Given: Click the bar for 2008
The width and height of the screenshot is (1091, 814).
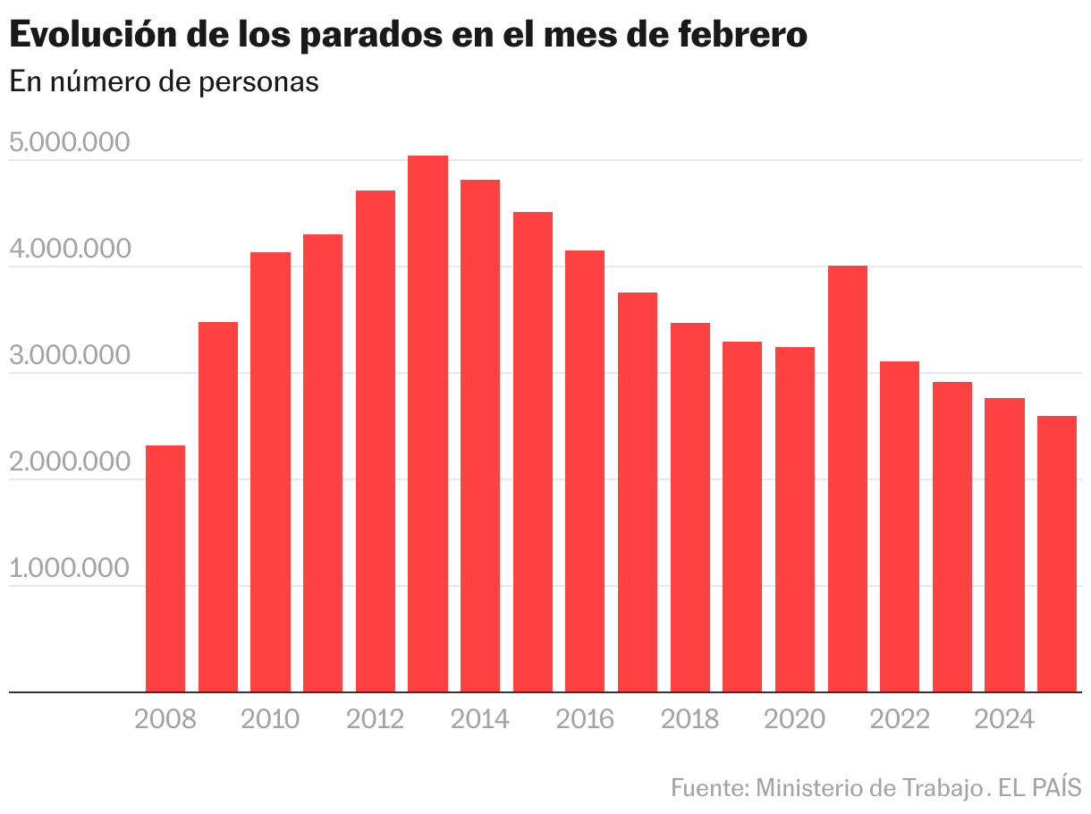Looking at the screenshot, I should coord(165,568).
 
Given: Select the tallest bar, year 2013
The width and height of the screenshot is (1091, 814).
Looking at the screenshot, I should coord(427,424).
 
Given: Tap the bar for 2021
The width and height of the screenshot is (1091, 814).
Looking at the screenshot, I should coord(848,479).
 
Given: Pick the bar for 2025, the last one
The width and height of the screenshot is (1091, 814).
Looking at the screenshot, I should coord(1057,554).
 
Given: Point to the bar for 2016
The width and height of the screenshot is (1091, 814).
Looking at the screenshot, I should coord(585,471).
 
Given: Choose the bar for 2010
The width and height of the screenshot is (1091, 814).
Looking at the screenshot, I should coord(270,471).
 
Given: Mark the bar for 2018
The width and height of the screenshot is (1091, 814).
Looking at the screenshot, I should coord(690,507).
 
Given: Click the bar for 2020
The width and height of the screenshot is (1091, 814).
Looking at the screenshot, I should coord(795,519).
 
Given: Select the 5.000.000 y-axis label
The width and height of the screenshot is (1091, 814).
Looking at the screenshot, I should coord(68,143).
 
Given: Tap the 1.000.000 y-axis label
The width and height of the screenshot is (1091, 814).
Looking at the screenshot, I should coord(68,569).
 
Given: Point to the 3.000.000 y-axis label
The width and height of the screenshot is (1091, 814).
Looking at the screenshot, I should coord(68,356).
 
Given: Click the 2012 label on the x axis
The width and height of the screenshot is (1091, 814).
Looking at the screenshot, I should coord(375,719).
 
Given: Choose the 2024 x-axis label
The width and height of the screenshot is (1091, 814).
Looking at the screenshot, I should coord(1004,719).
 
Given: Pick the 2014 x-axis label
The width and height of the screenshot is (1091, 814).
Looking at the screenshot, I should coord(480,719).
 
